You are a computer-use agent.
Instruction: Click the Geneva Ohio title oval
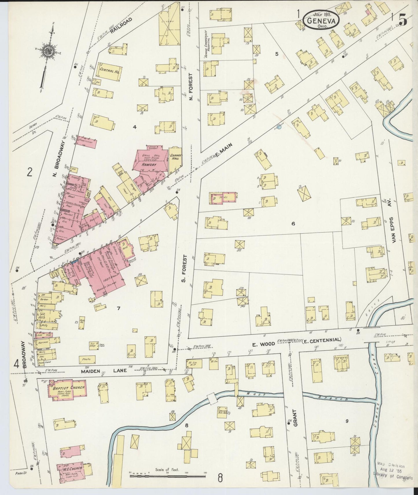click(321, 20)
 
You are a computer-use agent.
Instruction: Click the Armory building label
click(149, 164)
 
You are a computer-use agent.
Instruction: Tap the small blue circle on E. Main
click(279, 126)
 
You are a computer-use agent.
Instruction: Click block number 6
click(293, 223)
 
